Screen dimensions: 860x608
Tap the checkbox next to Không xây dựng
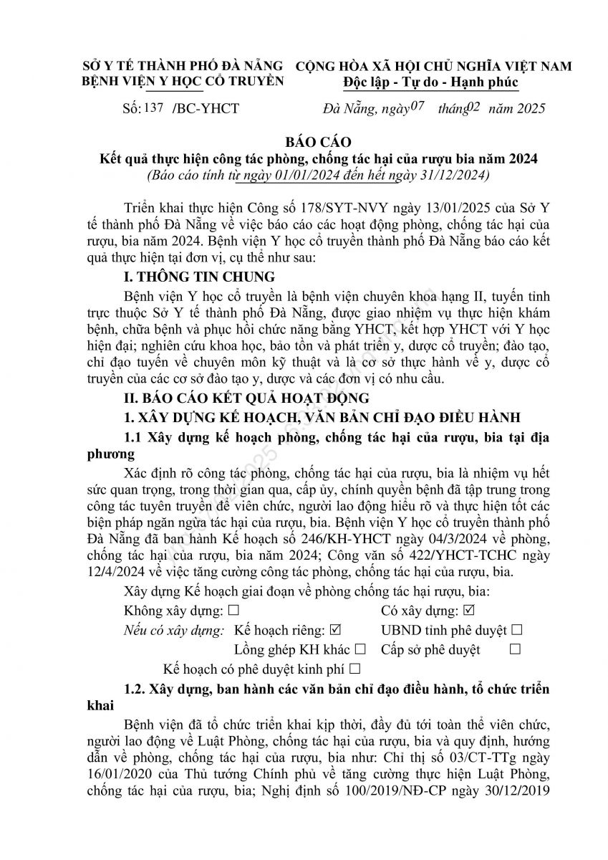[233, 612]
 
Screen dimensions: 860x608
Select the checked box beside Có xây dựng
[469, 612]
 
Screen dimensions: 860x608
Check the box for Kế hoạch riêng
[334, 631]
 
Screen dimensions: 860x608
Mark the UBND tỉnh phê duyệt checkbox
[517, 631]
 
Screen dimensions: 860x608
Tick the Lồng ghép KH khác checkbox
[360, 650]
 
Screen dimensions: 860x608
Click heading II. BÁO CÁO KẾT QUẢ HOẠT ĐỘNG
[246, 397]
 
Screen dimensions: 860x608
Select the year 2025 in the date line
[529, 109]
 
